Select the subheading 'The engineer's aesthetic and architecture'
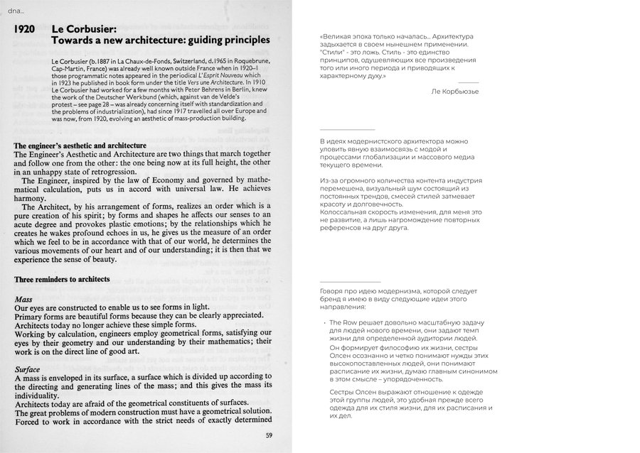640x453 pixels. click(x=85, y=146)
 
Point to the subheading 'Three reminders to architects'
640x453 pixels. click(x=62, y=279)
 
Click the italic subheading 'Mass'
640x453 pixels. click(x=23, y=300)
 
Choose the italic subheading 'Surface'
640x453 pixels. click(x=28, y=369)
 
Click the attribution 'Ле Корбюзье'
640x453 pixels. click(x=455, y=91)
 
